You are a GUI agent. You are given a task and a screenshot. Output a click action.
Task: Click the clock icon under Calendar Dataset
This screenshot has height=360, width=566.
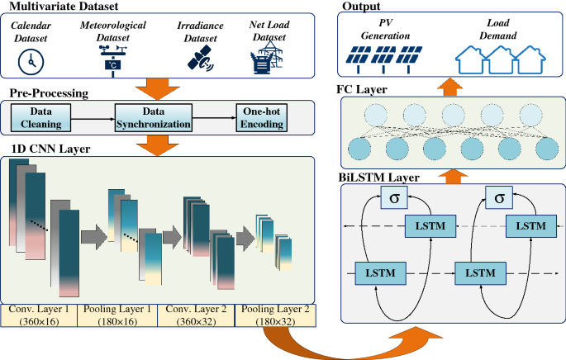click(x=32, y=59)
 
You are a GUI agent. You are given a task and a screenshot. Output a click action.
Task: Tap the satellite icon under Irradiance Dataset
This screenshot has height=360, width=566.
click(x=200, y=57)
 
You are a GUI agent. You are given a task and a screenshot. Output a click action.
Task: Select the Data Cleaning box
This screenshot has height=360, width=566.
click(x=40, y=117)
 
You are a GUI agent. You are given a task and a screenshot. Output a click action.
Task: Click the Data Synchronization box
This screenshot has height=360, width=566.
click(x=153, y=117)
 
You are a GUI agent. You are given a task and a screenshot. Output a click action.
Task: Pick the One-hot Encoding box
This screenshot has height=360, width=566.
click(x=262, y=117)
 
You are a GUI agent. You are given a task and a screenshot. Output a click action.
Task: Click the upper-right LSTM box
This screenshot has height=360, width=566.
click(x=526, y=226)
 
